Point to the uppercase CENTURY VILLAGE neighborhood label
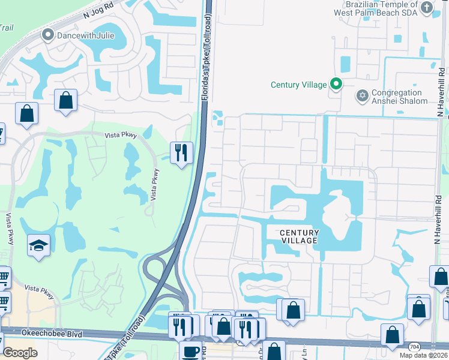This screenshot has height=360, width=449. (x=298, y=236)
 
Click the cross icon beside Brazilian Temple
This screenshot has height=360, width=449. (x=426, y=7)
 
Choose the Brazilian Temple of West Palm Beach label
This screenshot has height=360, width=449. (x=375, y=8)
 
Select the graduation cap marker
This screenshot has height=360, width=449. (x=38, y=245)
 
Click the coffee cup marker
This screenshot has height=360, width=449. (x=191, y=352)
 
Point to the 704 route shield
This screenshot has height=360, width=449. (x=415, y=346)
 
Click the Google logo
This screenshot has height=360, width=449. (x=20, y=353)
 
